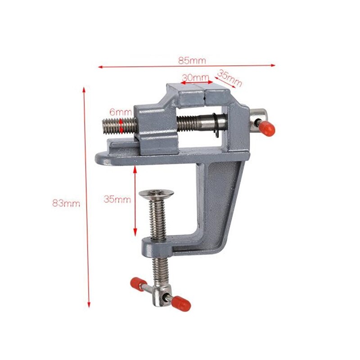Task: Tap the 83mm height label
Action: pos(66,203)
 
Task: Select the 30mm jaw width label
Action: pos(195,77)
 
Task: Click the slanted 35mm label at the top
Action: pos(229,78)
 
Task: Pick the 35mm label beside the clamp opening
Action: pos(117,198)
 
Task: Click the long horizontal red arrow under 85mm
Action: pos(186,66)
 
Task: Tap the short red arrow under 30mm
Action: pos(196,83)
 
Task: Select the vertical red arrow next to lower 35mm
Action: pos(135,201)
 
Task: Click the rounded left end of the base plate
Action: pos(103,158)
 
